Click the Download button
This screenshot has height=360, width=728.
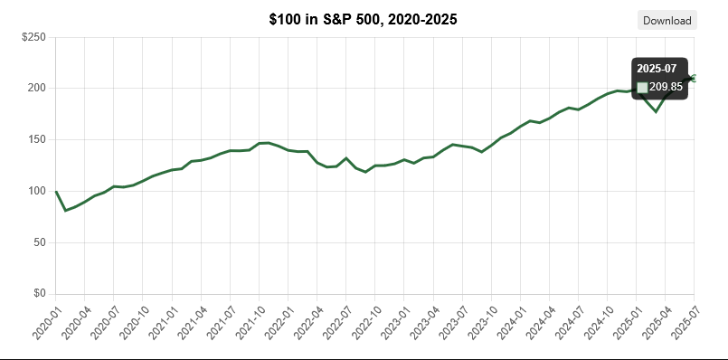(667, 20)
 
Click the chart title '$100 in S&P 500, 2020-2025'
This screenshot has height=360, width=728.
(364, 19)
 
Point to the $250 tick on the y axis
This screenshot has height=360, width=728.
(33, 37)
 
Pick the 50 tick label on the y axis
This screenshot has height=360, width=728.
(40, 242)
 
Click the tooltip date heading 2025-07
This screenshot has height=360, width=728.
(657, 69)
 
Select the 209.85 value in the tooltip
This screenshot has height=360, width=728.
(666, 87)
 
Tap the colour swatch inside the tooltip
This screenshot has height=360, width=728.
(642, 87)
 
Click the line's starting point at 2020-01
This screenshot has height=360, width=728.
(56, 192)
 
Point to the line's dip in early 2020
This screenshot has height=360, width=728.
(65, 210)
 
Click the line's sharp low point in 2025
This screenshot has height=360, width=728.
(656, 111)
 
